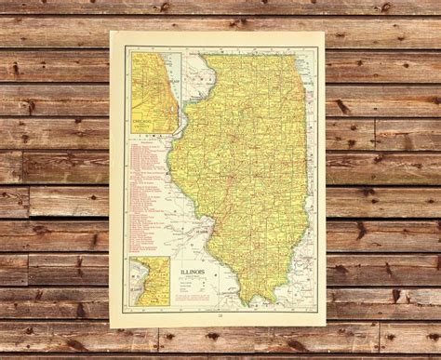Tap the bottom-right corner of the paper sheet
(327, 330)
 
